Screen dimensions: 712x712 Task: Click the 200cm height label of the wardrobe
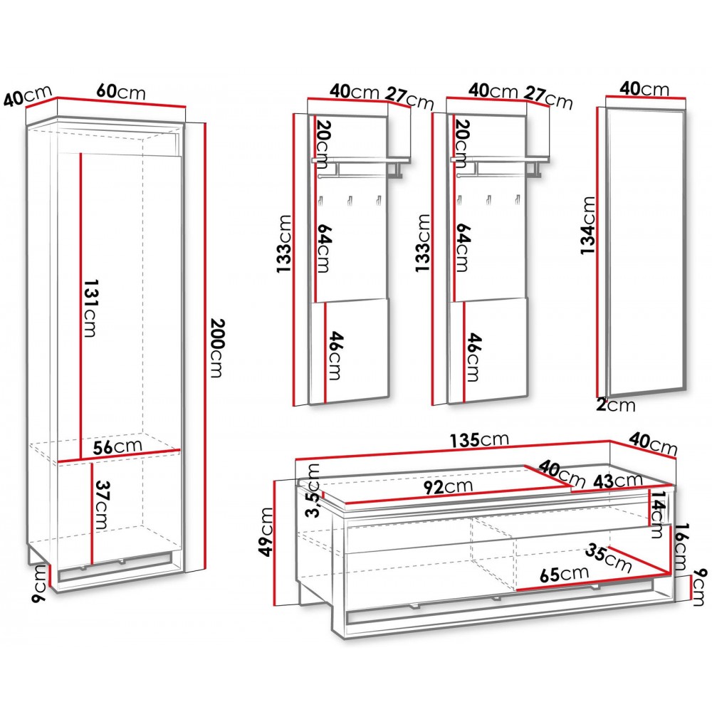click(x=217, y=348)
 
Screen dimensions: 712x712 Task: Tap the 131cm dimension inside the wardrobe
click(x=90, y=308)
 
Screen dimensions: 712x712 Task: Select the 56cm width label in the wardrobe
click(x=117, y=446)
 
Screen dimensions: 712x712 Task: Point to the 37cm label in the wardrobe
click(x=100, y=505)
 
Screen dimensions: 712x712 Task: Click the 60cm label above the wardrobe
click(x=121, y=91)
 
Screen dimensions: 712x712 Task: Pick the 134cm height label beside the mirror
click(x=588, y=226)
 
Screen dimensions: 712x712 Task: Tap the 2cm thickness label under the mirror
click(x=616, y=404)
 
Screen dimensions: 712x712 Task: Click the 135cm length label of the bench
click(x=479, y=439)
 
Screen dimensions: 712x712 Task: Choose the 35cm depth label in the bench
click(x=609, y=557)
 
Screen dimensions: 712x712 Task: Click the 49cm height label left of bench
click(x=266, y=532)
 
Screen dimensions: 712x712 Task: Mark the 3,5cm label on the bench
click(x=313, y=491)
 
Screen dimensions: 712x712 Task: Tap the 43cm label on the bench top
click(x=618, y=481)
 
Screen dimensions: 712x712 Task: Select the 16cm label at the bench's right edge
click(x=681, y=547)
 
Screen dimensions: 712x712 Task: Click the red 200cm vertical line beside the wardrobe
click(x=205, y=347)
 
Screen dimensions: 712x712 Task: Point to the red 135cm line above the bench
click(x=453, y=450)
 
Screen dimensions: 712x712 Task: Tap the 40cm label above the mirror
click(x=644, y=88)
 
